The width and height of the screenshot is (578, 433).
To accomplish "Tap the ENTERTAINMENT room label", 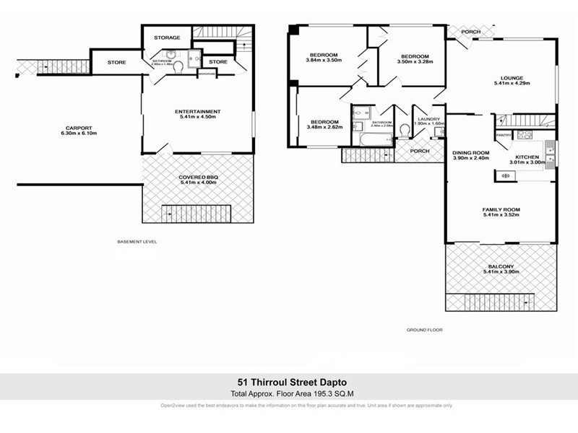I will (x=197, y=111).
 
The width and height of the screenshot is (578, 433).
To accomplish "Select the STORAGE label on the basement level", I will (x=167, y=38).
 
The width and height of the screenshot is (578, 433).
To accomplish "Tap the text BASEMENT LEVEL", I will (x=137, y=242).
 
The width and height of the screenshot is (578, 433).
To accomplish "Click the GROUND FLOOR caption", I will (x=425, y=330).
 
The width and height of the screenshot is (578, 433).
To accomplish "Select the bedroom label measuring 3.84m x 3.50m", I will (x=323, y=56).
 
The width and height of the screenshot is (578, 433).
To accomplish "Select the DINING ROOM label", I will (x=471, y=152).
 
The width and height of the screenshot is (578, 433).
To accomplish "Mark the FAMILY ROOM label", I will (x=501, y=210).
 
